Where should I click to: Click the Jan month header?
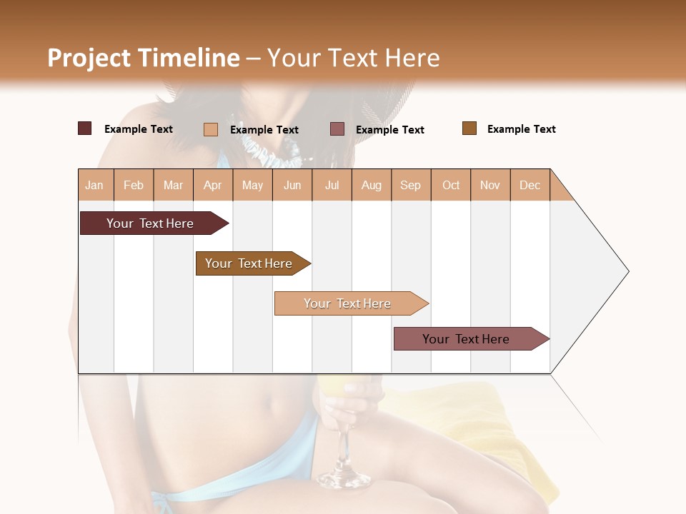(x=95, y=186)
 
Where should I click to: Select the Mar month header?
(x=173, y=186)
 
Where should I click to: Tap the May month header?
(x=252, y=186)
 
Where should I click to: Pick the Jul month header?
(x=332, y=186)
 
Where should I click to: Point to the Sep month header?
(x=410, y=186)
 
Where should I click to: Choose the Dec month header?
(x=530, y=186)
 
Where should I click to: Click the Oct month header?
(x=451, y=186)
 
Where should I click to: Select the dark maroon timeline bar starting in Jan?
(x=150, y=223)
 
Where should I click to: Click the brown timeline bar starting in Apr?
(x=249, y=263)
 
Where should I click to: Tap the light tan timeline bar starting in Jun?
(x=347, y=303)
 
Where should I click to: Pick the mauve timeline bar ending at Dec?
(x=466, y=339)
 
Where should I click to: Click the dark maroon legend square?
(x=85, y=128)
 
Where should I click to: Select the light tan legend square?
(x=211, y=129)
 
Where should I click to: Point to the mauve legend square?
(x=337, y=129)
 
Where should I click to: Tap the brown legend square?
(x=469, y=128)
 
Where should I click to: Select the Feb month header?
(x=134, y=186)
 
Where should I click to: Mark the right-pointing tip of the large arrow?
(x=627, y=271)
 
